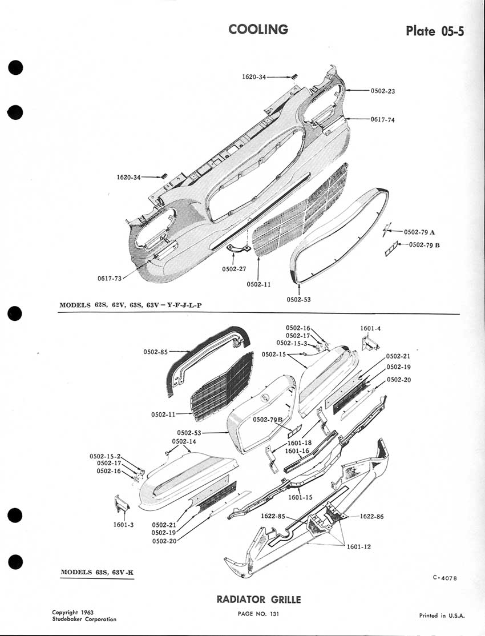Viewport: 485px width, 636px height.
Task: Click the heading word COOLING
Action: coord(258,29)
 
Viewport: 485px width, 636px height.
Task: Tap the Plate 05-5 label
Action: coord(435,31)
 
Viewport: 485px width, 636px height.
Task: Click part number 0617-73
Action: coord(110,279)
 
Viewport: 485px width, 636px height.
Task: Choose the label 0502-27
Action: coord(234,269)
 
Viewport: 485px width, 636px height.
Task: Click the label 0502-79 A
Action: coord(419,232)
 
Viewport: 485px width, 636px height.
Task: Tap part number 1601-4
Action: coord(370,328)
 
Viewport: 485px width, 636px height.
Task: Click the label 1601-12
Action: coord(359,546)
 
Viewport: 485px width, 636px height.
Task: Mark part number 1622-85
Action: coord(273,516)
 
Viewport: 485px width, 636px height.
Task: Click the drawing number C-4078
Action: coord(445,578)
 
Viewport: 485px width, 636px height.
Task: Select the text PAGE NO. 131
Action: coord(258,614)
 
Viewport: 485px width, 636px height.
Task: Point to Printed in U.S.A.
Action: coord(442,615)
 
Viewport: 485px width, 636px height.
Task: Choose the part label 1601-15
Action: coord(300,497)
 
